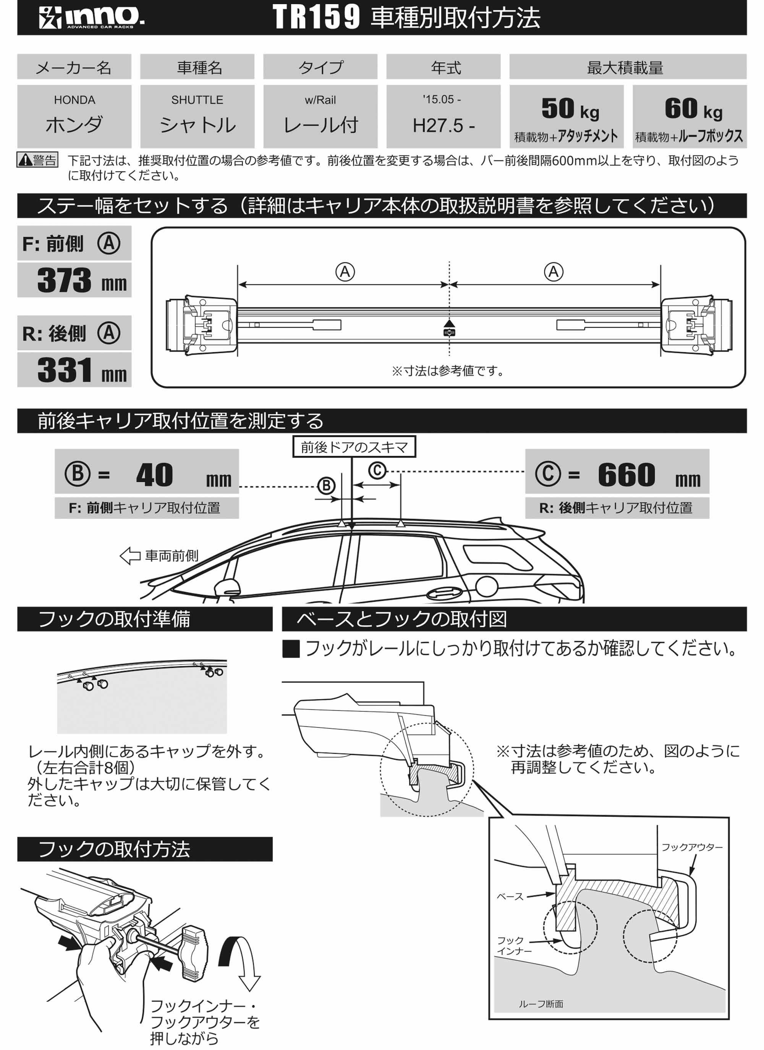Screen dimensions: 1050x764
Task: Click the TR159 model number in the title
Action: coord(316,18)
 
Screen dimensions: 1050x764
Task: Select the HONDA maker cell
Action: coord(74,116)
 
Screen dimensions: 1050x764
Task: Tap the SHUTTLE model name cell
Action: coord(197,116)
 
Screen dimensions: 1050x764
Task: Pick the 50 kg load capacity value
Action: coord(570,109)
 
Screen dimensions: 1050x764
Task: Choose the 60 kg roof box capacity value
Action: coord(693,109)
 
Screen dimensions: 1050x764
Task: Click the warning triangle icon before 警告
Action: coord(24,160)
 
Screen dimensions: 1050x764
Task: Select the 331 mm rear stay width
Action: coord(74,370)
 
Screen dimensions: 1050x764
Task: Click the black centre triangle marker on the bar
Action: coord(449,324)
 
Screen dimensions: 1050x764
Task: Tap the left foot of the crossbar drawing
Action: coord(202,325)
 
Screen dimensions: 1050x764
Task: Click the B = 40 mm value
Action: coord(154,475)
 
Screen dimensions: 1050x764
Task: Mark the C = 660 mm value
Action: coord(626,475)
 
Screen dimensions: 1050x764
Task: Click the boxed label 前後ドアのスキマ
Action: coord(354,447)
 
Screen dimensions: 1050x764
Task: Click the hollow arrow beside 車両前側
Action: coord(130,556)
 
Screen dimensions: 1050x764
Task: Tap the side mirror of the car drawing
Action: coord(227,587)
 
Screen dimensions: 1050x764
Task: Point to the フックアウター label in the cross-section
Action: coord(691,847)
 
